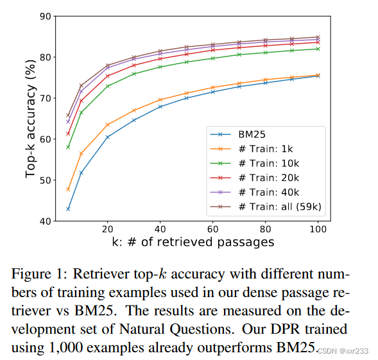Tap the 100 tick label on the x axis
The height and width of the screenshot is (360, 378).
click(x=318, y=229)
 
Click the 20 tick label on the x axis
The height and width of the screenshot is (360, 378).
click(x=107, y=229)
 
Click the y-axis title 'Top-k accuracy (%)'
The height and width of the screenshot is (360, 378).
click(x=30, y=119)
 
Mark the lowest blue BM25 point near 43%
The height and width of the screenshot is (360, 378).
click(x=68, y=209)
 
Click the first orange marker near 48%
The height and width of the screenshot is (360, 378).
click(x=68, y=189)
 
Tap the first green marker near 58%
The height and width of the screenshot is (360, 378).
click(x=68, y=147)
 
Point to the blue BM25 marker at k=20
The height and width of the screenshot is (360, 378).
click(x=107, y=137)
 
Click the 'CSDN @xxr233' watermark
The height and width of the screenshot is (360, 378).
click(x=345, y=350)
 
